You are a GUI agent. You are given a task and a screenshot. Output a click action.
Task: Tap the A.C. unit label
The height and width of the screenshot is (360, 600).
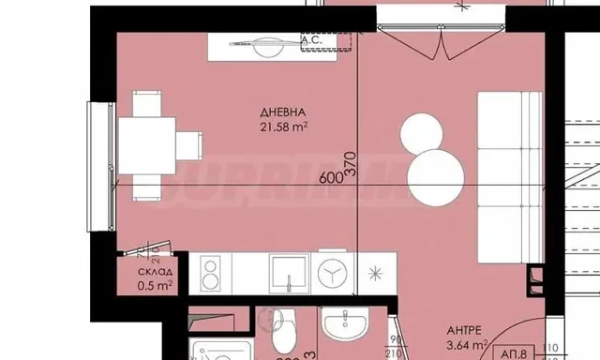312,39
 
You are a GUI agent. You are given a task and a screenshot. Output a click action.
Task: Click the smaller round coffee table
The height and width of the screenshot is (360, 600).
420,133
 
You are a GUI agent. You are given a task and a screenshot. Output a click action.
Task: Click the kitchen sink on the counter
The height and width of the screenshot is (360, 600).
288,274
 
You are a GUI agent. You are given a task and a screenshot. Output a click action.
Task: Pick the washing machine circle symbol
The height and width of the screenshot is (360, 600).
332,274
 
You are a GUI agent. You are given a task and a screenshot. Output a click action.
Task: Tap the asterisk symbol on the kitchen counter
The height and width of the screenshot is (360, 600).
376,274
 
